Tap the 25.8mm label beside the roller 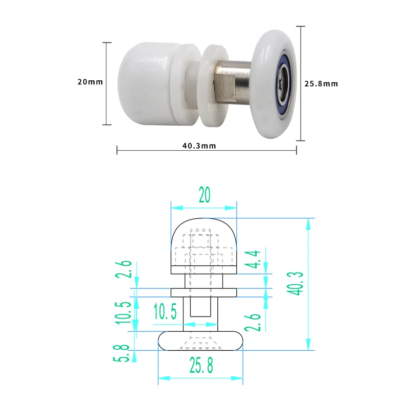click(x=321, y=83)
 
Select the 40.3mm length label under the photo click(x=199, y=146)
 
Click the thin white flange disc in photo click(x=210, y=85)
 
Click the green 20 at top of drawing click(x=204, y=195)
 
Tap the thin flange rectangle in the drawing click(x=203, y=292)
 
